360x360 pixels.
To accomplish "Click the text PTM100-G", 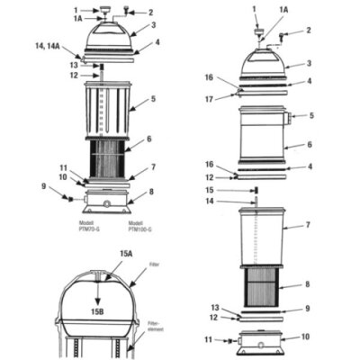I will [x=139, y=229].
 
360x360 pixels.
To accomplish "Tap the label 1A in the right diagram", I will [x=284, y=8].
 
